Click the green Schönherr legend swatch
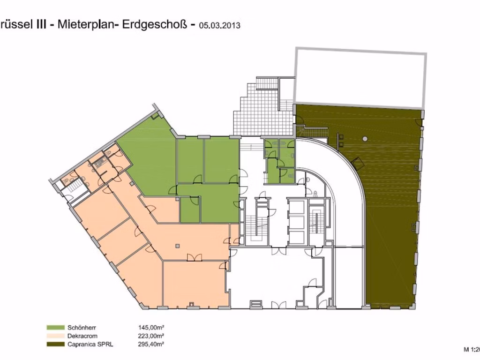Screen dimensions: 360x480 point(56,328)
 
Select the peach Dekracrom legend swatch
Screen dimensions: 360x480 point(56,336)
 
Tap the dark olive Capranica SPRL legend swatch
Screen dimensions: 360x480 point(56,345)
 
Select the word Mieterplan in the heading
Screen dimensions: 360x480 point(85,25)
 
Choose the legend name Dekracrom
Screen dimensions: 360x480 point(84,336)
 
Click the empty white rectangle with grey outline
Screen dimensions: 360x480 point(360,77)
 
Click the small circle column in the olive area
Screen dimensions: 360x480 point(365,139)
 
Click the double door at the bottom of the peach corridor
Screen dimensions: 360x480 point(193,257)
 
